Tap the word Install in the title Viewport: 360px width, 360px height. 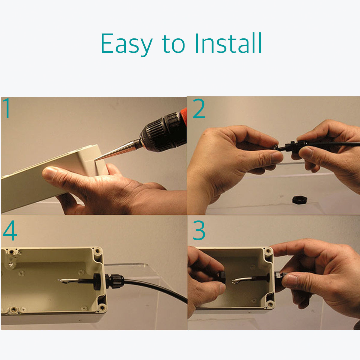click(x=228, y=43)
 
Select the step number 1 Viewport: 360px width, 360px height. click(x=7, y=108)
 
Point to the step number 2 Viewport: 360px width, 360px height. click(x=199, y=109)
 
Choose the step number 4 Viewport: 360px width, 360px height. click(x=10, y=230)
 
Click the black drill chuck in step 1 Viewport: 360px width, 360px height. click(x=162, y=132)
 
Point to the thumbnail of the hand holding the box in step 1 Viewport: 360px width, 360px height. click(x=50, y=172)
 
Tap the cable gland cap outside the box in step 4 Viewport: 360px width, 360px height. click(x=114, y=281)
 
